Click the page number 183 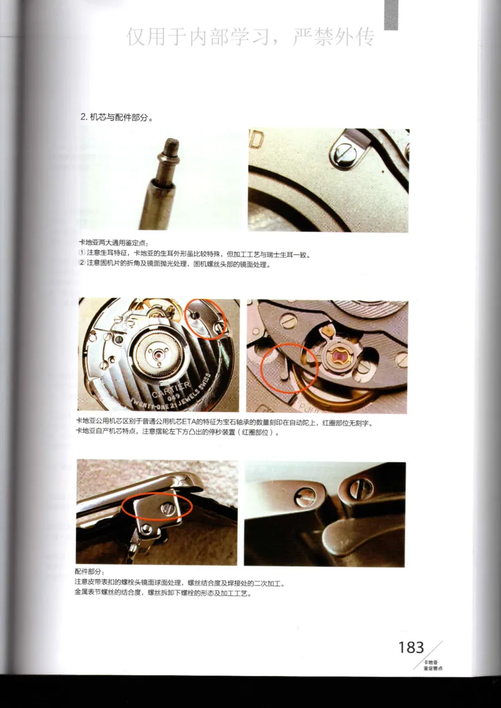point(411,647)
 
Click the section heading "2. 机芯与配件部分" point(116,117)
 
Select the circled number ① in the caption point(81,254)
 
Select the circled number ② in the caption point(81,264)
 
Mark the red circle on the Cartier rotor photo point(207,318)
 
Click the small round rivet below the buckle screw point(145,529)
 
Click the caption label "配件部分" point(90,573)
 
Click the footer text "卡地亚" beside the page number point(430,662)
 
